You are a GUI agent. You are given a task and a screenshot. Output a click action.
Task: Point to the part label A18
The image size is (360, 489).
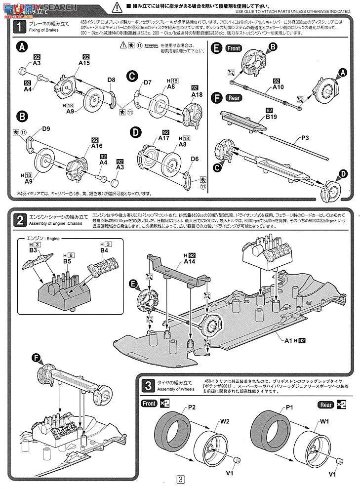197,94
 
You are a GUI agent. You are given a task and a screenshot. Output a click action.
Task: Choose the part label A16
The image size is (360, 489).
97,146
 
